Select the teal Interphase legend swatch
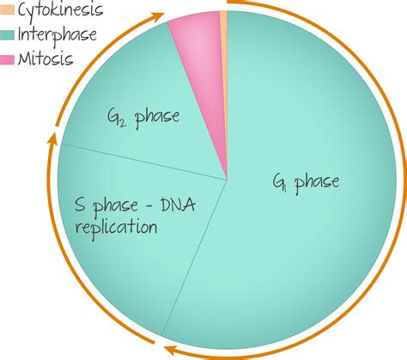click(x=7, y=35)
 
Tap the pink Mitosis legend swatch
click(x=7, y=60)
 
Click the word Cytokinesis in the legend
click(x=60, y=10)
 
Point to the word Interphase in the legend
click(x=58, y=35)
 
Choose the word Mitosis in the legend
click(x=46, y=59)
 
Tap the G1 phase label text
click(x=306, y=183)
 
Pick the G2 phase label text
click(x=143, y=118)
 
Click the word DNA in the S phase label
click(x=179, y=205)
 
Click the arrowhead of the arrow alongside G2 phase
click(x=158, y=16)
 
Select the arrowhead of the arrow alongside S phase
click(x=52, y=138)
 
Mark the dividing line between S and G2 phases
click(x=144, y=162)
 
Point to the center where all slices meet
click(x=228, y=180)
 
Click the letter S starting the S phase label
click(x=80, y=205)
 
